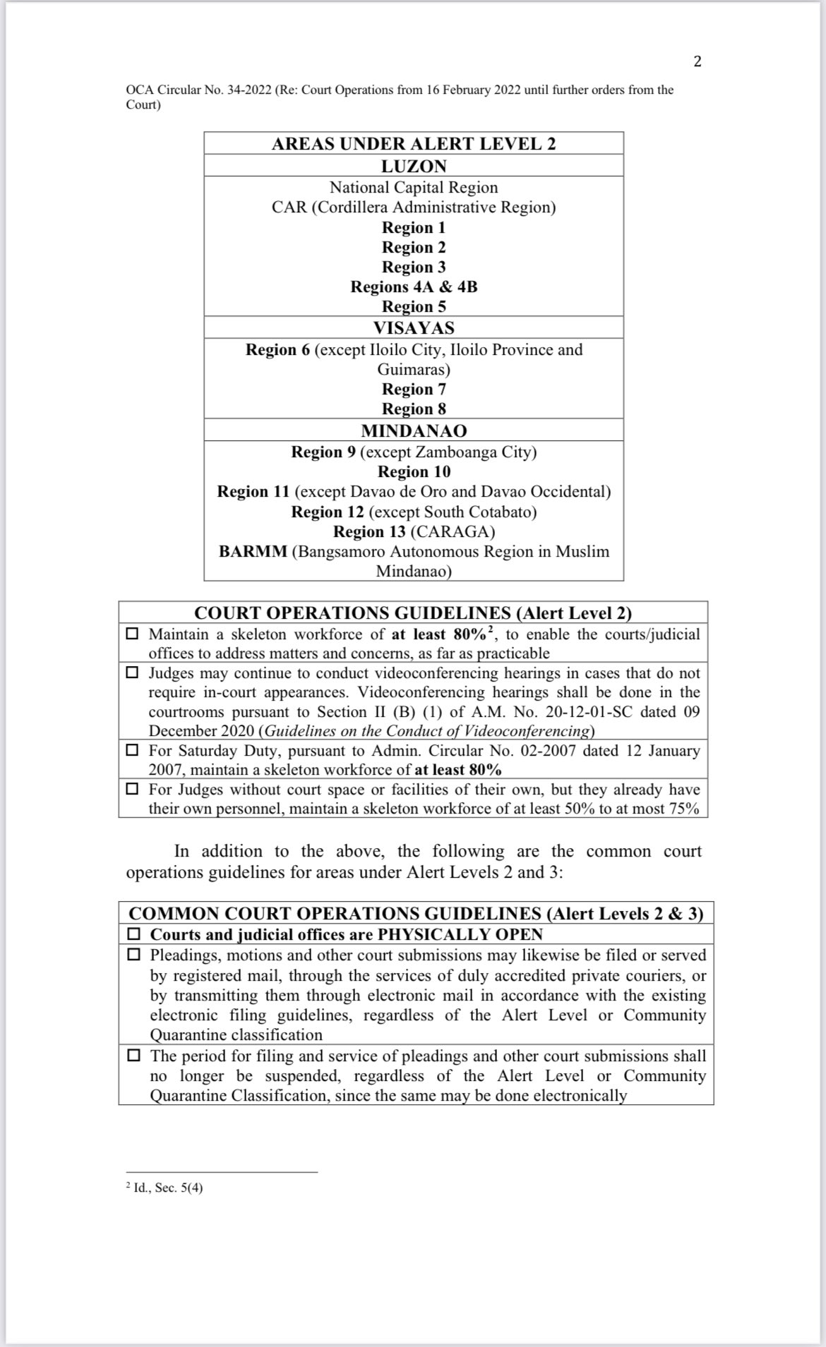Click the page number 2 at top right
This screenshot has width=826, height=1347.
(698, 61)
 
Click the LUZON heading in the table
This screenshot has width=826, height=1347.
(414, 167)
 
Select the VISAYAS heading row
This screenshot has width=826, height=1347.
(414, 328)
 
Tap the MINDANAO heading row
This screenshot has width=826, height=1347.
(414, 430)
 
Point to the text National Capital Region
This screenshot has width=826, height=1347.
(414, 188)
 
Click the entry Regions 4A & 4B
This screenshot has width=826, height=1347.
(414, 287)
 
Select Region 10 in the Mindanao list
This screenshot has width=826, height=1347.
(414, 472)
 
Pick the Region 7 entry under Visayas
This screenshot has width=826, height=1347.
(414, 389)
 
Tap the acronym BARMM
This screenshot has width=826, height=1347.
(253, 552)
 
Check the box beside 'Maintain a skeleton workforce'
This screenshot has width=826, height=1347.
(132, 634)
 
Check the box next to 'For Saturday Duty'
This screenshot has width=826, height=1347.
(132, 751)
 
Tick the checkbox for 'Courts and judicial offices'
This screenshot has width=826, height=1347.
(133, 934)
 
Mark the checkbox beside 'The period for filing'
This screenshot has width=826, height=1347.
(133, 1056)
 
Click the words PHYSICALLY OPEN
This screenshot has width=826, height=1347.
(460, 935)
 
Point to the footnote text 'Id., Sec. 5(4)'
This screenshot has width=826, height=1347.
(167, 1188)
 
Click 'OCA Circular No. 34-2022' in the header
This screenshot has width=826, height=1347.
(198, 90)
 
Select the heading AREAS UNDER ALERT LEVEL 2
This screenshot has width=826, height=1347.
(414, 144)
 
